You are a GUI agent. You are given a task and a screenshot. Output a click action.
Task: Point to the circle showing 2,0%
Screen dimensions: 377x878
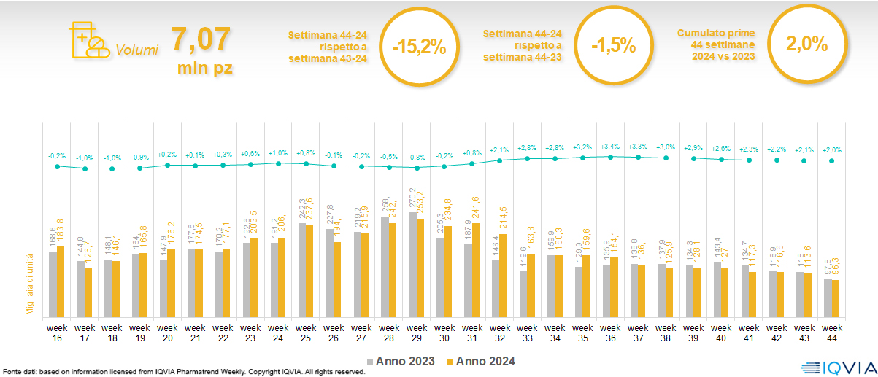(806, 44)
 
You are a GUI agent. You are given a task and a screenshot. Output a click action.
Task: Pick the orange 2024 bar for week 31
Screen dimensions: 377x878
(476, 270)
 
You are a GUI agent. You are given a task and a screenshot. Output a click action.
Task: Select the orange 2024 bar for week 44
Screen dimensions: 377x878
(835, 299)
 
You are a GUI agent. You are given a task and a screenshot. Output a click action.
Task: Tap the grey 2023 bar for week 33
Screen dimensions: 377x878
(523, 295)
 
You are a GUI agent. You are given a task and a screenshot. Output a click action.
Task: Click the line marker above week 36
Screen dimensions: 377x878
(610, 156)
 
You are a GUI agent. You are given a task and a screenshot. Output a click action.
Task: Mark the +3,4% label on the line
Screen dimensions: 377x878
(610, 147)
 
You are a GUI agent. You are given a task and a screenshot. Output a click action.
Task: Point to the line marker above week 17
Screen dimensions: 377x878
(85, 168)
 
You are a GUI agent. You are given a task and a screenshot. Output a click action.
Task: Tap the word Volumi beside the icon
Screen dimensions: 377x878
(137, 50)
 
